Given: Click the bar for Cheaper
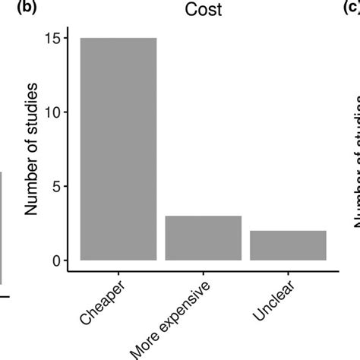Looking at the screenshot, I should point(118,149).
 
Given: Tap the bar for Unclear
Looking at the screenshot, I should point(288,245).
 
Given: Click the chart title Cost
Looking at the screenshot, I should point(203,10).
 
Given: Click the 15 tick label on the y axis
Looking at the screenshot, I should point(53,37).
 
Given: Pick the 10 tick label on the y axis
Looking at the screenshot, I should point(53,112).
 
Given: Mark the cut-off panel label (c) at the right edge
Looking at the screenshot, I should point(352,8).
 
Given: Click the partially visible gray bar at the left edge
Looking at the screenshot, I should point(2,228).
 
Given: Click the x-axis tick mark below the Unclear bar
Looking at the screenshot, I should point(288,276).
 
